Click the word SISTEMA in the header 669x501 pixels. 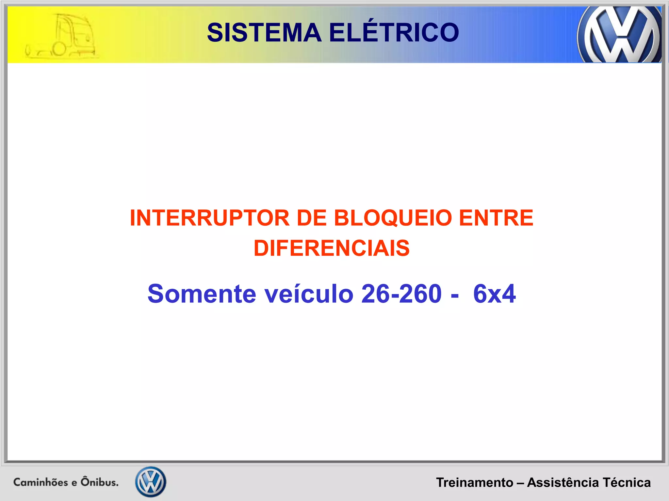(x=264, y=33)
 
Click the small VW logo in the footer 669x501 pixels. (x=151, y=482)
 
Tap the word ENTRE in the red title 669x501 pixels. (x=496, y=218)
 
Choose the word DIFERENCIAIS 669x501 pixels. (x=332, y=248)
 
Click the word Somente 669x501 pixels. (x=202, y=294)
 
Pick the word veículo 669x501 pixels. (x=309, y=294)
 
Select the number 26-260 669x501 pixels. (x=401, y=294)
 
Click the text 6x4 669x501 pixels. (x=494, y=294)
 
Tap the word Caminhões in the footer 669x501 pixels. (x=41, y=482)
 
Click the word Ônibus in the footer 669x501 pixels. (x=99, y=482)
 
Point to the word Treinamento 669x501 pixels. (x=475, y=482)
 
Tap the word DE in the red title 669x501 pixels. (x=312, y=218)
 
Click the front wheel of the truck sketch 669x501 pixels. (x=59, y=49)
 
